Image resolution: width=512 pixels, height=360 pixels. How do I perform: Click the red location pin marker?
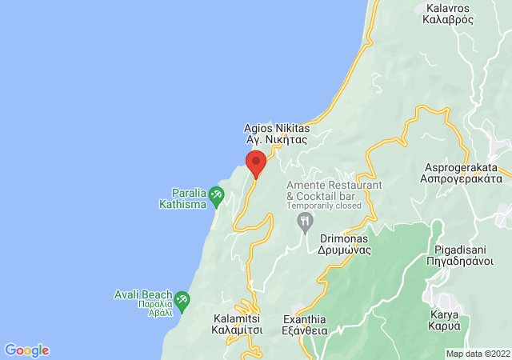click(256, 162)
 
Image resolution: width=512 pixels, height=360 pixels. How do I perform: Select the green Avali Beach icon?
click(182, 300)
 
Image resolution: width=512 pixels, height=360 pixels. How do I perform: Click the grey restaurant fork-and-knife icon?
click(304, 220)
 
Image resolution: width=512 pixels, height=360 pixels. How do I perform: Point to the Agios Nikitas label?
click(275, 126)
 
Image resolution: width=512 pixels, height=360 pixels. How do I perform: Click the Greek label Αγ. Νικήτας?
click(276, 138)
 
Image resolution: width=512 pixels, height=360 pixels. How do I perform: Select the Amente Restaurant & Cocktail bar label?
click(334, 190)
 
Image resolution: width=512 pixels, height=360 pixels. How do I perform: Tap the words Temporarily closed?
click(325, 206)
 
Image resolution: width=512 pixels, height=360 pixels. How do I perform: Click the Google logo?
click(26, 350)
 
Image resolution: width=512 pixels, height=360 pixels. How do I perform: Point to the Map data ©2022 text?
click(477, 354)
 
